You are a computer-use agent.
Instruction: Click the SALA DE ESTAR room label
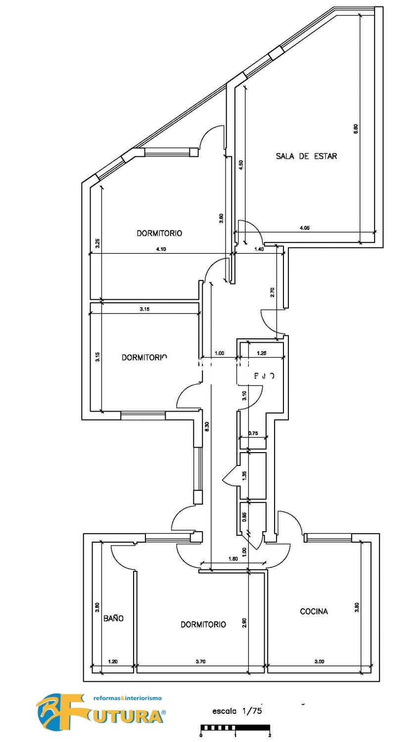(306, 156)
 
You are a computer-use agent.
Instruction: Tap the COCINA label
(314, 611)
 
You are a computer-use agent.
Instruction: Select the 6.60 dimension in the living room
(356, 129)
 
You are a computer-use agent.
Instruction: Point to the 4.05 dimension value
(305, 228)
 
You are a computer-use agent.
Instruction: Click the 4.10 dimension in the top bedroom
(161, 249)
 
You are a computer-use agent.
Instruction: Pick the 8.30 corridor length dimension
(207, 426)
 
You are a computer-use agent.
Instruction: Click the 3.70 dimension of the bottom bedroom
(200, 661)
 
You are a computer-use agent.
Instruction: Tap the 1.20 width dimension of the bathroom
(113, 661)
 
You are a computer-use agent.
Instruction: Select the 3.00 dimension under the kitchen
(319, 661)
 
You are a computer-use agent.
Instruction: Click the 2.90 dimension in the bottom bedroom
(244, 622)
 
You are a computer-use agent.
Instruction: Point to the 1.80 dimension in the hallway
(233, 559)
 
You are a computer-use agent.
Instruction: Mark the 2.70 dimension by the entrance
(272, 293)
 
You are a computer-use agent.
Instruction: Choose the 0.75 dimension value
(253, 433)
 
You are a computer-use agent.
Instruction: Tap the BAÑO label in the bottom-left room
(113, 618)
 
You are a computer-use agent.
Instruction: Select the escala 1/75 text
(237, 711)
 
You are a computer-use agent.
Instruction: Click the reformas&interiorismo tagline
(128, 698)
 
